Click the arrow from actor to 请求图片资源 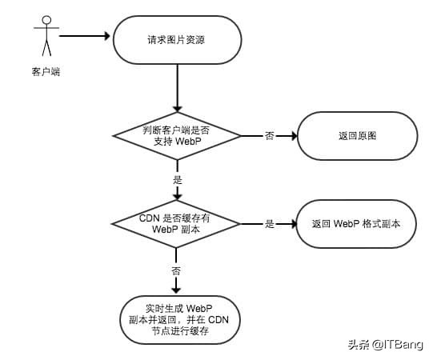[x=84, y=36]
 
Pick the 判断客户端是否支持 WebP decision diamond [x=177, y=134]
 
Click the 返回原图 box [x=357, y=136]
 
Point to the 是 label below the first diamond [x=177, y=179]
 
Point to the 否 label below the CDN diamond [x=177, y=270]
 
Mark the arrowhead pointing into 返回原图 [x=292, y=135]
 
